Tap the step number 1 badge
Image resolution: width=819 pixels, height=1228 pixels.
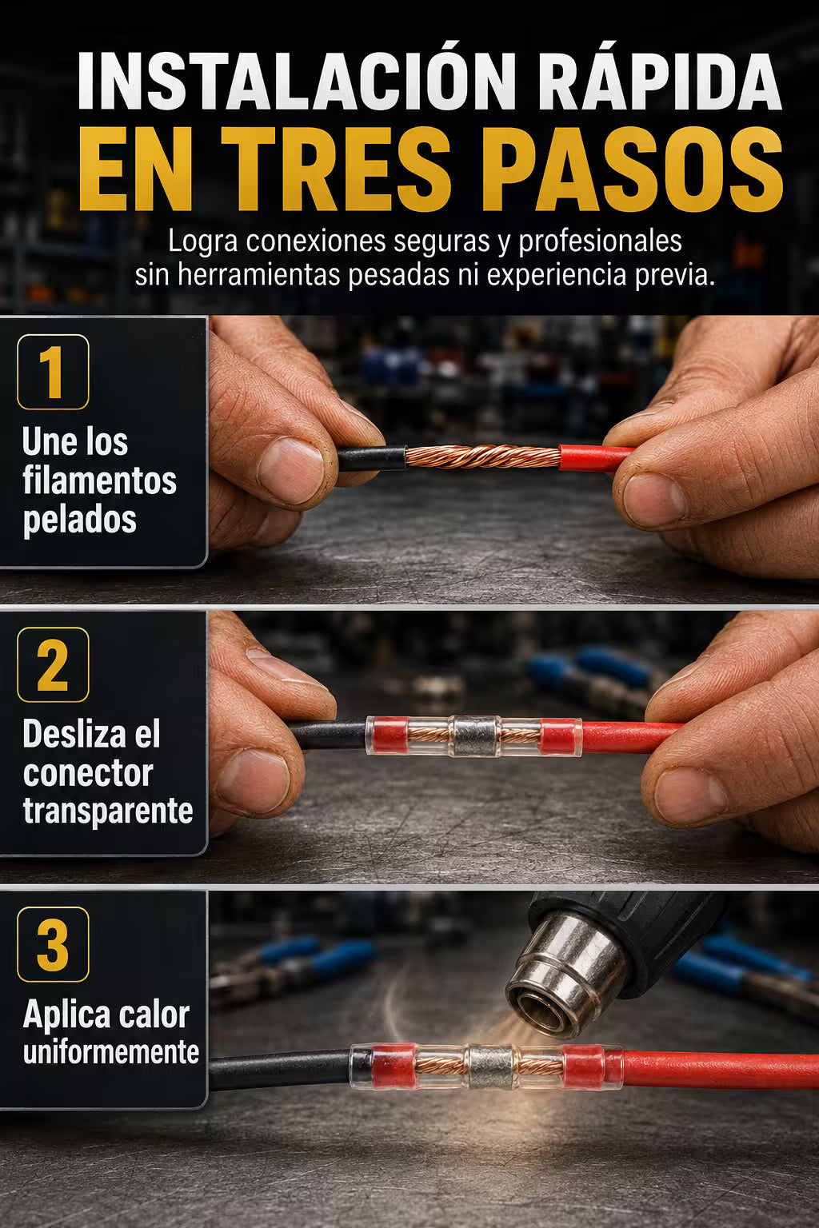click(54, 372)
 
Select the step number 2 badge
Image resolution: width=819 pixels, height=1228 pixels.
click(54, 664)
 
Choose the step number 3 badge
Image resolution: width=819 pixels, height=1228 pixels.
click(54, 944)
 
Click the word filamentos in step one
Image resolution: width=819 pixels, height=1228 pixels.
click(99, 480)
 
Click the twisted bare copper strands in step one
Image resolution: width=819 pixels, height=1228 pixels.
click(483, 457)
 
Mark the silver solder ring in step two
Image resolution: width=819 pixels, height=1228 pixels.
click(475, 737)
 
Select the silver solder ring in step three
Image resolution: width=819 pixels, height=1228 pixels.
click(491, 1067)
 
